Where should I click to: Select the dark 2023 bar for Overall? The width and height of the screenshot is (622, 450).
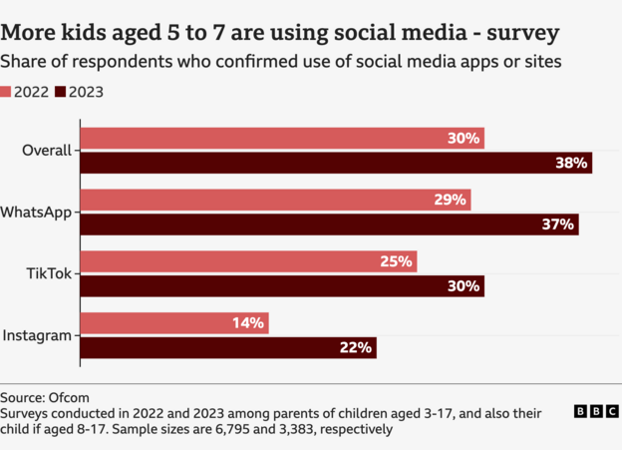[x=336, y=163]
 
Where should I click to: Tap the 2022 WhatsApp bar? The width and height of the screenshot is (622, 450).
[x=275, y=200]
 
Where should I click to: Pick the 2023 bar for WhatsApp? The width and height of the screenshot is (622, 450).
[x=329, y=225]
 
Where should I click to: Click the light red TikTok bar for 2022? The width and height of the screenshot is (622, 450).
[x=248, y=261]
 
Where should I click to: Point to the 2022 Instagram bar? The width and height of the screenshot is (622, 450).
[x=174, y=323]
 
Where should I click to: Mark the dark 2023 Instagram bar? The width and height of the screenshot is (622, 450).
[x=228, y=347]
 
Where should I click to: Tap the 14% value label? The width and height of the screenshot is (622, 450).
[x=248, y=323]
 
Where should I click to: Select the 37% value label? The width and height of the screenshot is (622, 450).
[x=559, y=225]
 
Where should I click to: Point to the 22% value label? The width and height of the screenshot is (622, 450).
[x=356, y=347]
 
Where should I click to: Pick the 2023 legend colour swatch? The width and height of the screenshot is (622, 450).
[x=60, y=92]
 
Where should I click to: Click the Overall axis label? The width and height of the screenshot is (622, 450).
[x=47, y=151]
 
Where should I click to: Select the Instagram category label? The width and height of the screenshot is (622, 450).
[x=37, y=335]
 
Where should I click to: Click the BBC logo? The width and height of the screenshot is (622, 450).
[x=594, y=411]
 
